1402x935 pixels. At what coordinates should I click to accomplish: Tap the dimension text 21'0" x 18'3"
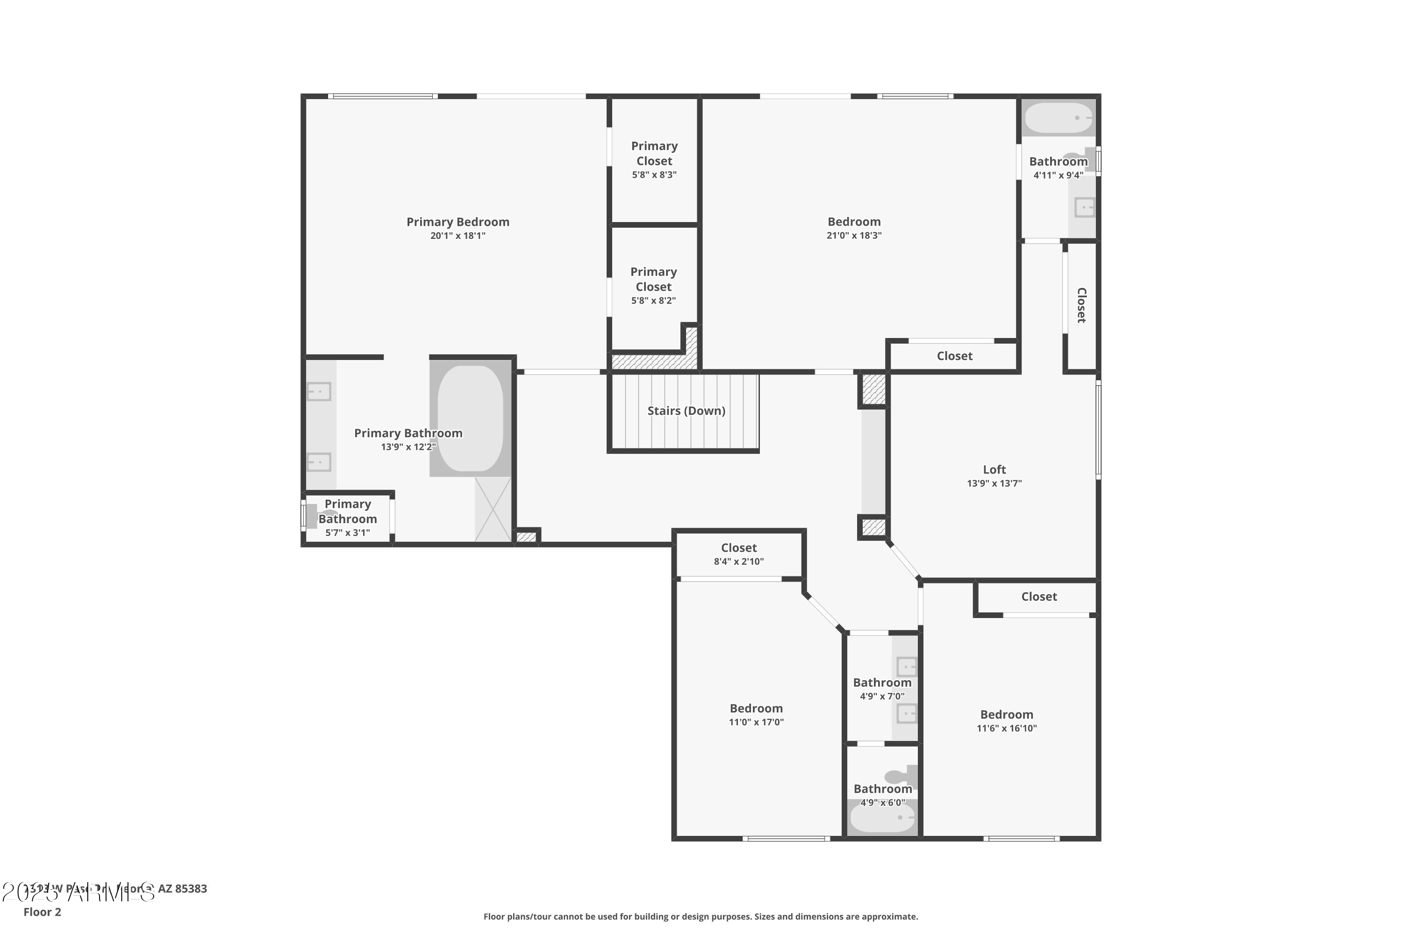click(x=854, y=236)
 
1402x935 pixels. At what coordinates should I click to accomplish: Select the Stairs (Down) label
click(x=686, y=411)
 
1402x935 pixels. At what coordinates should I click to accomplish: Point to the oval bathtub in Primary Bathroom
click(x=470, y=417)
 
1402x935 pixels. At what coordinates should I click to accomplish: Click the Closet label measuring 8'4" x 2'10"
click(x=738, y=547)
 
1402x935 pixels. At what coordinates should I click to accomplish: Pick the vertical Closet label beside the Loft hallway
click(x=1081, y=305)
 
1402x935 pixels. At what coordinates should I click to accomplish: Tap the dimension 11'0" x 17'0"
click(x=756, y=722)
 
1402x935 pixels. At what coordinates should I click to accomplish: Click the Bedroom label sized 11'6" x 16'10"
click(x=1006, y=714)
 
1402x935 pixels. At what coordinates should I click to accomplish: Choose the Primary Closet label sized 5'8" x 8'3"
click(x=654, y=153)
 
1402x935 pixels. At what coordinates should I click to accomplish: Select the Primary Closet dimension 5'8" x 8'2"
click(x=653, y=301)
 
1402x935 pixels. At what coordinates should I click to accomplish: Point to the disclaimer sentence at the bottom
click(x=701, y=916)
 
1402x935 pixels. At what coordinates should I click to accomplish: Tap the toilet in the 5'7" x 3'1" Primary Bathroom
click(x=322, y=516)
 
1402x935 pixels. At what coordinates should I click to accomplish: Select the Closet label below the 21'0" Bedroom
click(x=954, y=356)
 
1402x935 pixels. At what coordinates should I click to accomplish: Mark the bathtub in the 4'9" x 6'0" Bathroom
click(x=881, y=818)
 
